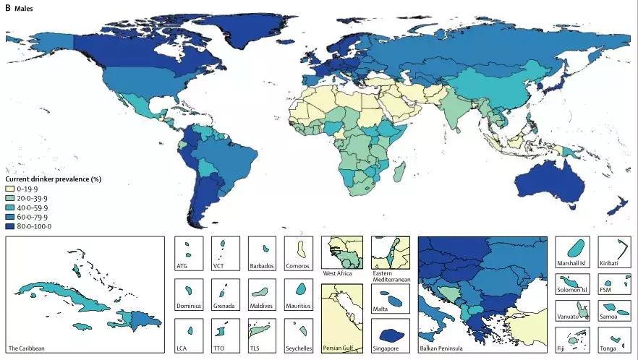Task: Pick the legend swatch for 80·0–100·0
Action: click(x=11, y=226)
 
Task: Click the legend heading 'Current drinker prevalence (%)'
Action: click(x=53, y=179)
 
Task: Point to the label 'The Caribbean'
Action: click(x=27, y=348)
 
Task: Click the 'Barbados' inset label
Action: click(x=261, y=267)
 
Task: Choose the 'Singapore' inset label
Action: click(x=390, y=348)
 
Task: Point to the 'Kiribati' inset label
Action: click(x=610, y=266)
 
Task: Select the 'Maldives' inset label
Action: click(x=262, y=307)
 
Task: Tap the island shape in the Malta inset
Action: click(x=391, y=298)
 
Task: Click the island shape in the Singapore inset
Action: click(x=391, y=335)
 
